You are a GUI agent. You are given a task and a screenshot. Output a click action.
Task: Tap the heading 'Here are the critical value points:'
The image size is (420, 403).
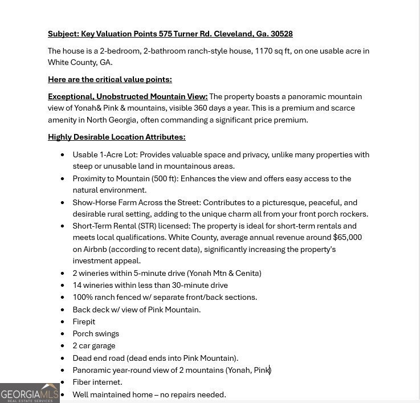pos(109,79)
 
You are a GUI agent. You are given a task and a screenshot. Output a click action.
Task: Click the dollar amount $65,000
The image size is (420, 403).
pos(347,237)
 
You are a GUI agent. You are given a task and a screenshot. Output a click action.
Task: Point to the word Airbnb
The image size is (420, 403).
pos(95,249)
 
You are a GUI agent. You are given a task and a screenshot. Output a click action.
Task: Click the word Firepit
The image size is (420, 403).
pos(84,321)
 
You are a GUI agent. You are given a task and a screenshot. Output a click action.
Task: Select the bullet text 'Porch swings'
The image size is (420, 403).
pos(96,333)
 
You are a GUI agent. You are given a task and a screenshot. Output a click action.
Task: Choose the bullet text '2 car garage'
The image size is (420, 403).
pos(93,345)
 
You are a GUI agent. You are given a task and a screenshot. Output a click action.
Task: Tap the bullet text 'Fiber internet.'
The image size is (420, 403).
pos(97,382)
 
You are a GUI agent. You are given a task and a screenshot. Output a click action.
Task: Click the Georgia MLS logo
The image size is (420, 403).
pos(30,393)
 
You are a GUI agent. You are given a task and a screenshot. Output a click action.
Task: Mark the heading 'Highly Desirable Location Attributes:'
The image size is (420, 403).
pos(116,137)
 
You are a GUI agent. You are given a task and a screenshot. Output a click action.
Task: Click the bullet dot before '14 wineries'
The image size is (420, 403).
pos(63,286)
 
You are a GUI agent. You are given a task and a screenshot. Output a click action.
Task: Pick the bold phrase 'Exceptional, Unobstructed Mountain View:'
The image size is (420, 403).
pos(128,96)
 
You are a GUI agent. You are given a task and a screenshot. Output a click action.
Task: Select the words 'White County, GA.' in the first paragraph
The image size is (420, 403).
pos(80,62)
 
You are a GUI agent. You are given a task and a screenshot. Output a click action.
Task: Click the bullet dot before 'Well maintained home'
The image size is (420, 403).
pos(63,395)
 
